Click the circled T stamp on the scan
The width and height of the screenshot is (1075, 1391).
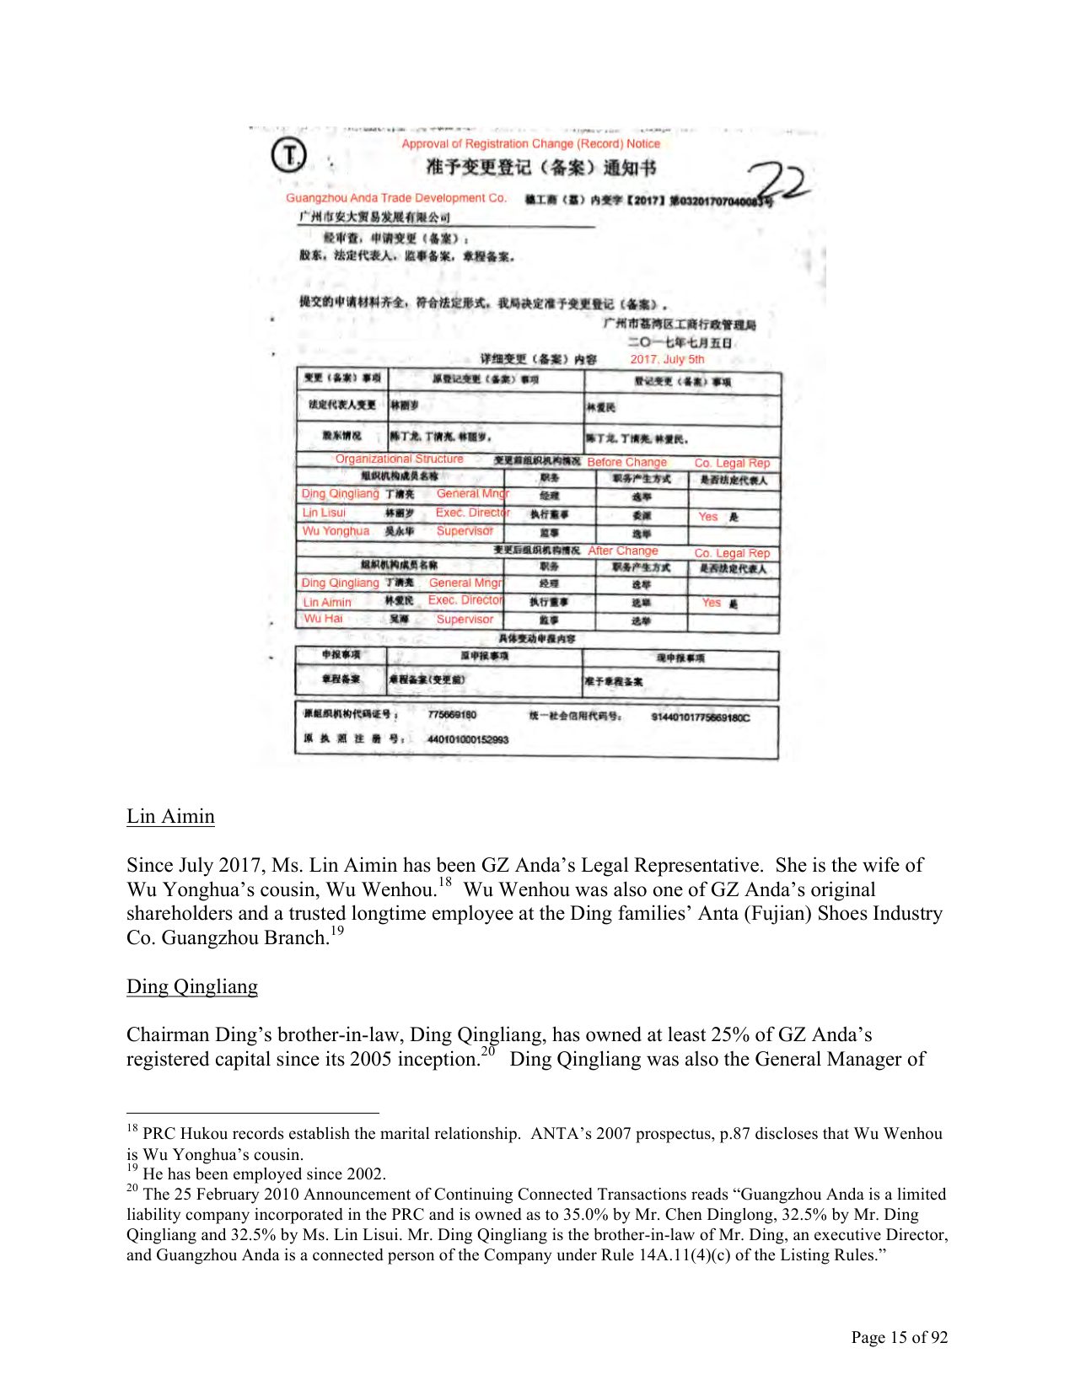[x=289, y=156]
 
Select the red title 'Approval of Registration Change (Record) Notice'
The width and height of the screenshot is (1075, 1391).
[x=530, y=144]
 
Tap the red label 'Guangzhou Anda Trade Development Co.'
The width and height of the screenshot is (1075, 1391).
[x=396, y=198]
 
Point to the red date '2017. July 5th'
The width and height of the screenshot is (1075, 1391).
[x=667, y=359]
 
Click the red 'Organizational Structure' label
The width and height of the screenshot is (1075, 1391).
[x=399, y=459]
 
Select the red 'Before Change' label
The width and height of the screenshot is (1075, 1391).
[x=626, y=462]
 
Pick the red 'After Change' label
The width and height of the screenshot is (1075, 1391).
[x=623, y=550]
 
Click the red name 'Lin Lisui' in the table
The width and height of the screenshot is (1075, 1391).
[x=324, y=513]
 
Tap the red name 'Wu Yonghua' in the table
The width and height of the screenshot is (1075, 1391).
[x=336, y=531]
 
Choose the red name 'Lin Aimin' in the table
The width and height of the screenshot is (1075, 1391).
[x=327, y=602]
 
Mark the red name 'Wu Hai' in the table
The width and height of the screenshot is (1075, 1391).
[x=323, y=619]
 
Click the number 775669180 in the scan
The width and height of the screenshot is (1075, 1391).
[x=452, y=715]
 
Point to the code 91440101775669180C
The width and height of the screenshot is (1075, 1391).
[x=700, y=717]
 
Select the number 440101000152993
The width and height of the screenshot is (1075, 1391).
[x=468, y=739]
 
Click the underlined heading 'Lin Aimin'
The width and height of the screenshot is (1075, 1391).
[x=170, y=816]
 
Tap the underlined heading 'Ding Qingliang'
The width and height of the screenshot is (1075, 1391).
[x=192, y=986]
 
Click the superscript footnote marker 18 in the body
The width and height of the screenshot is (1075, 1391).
[x=444, y=883]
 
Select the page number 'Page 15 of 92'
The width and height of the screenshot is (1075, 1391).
[x=899, y=1337]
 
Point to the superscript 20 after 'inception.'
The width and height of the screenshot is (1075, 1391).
[x=488, y=1051]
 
